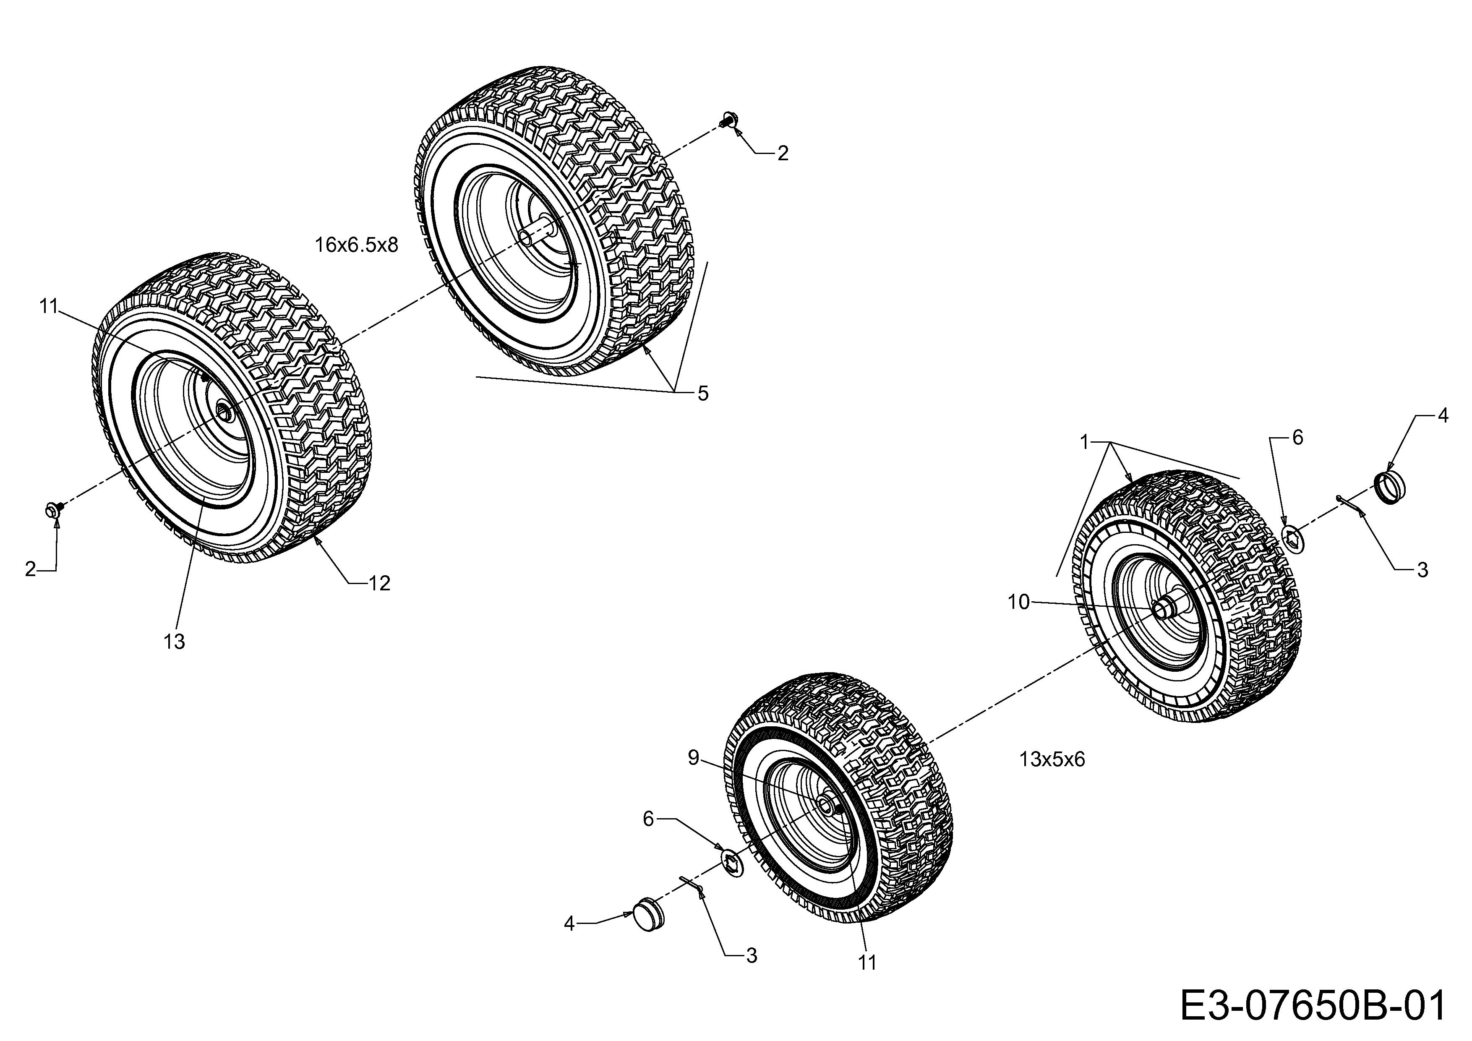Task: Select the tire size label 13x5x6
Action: coord(1052,759)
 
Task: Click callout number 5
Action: coord(703,394)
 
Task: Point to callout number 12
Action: coord(380,583)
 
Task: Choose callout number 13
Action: coord(174,641)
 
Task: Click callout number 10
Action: coord(1019,602)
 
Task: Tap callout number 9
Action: coord(693,758)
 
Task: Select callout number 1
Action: coord(1085,442)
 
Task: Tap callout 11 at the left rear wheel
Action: coord(49,306)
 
